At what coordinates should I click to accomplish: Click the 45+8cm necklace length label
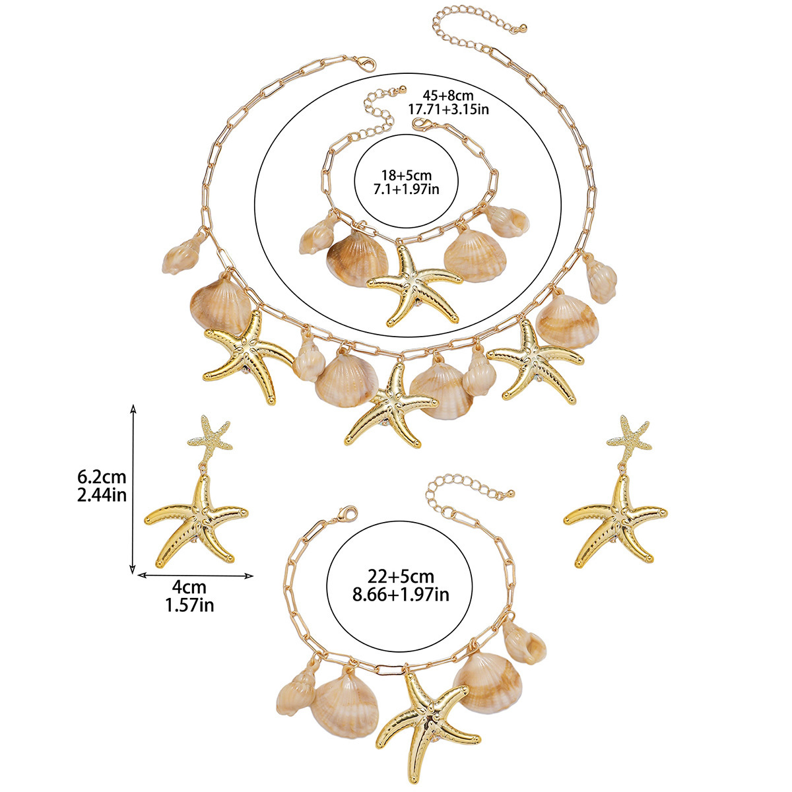pos(446,95)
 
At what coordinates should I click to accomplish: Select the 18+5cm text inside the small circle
pos(405,175)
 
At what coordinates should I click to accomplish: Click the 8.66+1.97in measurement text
pos(401,595)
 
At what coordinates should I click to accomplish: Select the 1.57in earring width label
pos(190,603)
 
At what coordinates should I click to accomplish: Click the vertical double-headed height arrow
pos(134,488)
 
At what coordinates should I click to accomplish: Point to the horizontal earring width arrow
pos(195,575)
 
